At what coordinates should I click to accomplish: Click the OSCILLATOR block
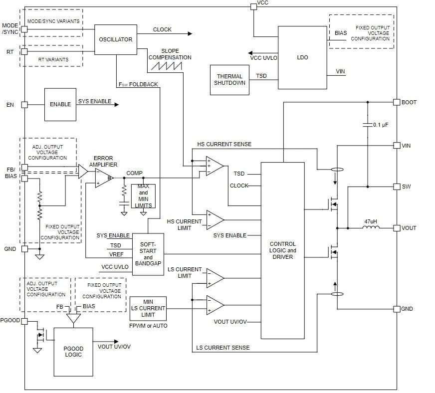[116, 39]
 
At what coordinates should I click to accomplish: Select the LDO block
[302, 57]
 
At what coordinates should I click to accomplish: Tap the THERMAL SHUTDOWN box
[229, 80]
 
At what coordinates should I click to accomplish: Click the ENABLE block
[60, 105]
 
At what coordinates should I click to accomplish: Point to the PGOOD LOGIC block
[73, 351]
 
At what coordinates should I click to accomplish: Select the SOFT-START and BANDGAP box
[148, 254]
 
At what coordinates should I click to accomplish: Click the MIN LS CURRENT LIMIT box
[148, 308]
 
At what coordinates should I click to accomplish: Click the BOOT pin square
[397, 102]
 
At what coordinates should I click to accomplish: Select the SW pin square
[397, 187]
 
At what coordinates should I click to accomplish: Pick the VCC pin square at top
[253, 5]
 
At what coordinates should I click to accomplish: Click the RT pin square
[23, 51]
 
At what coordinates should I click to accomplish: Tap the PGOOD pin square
[23, 321]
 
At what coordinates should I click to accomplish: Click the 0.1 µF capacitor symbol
[367, 124]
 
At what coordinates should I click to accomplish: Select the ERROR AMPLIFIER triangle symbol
[103, 178]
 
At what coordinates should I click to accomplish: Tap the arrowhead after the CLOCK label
[189, 33]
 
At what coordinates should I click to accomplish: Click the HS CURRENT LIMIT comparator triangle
[215, 220]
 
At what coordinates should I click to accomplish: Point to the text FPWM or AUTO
[148, 326]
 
